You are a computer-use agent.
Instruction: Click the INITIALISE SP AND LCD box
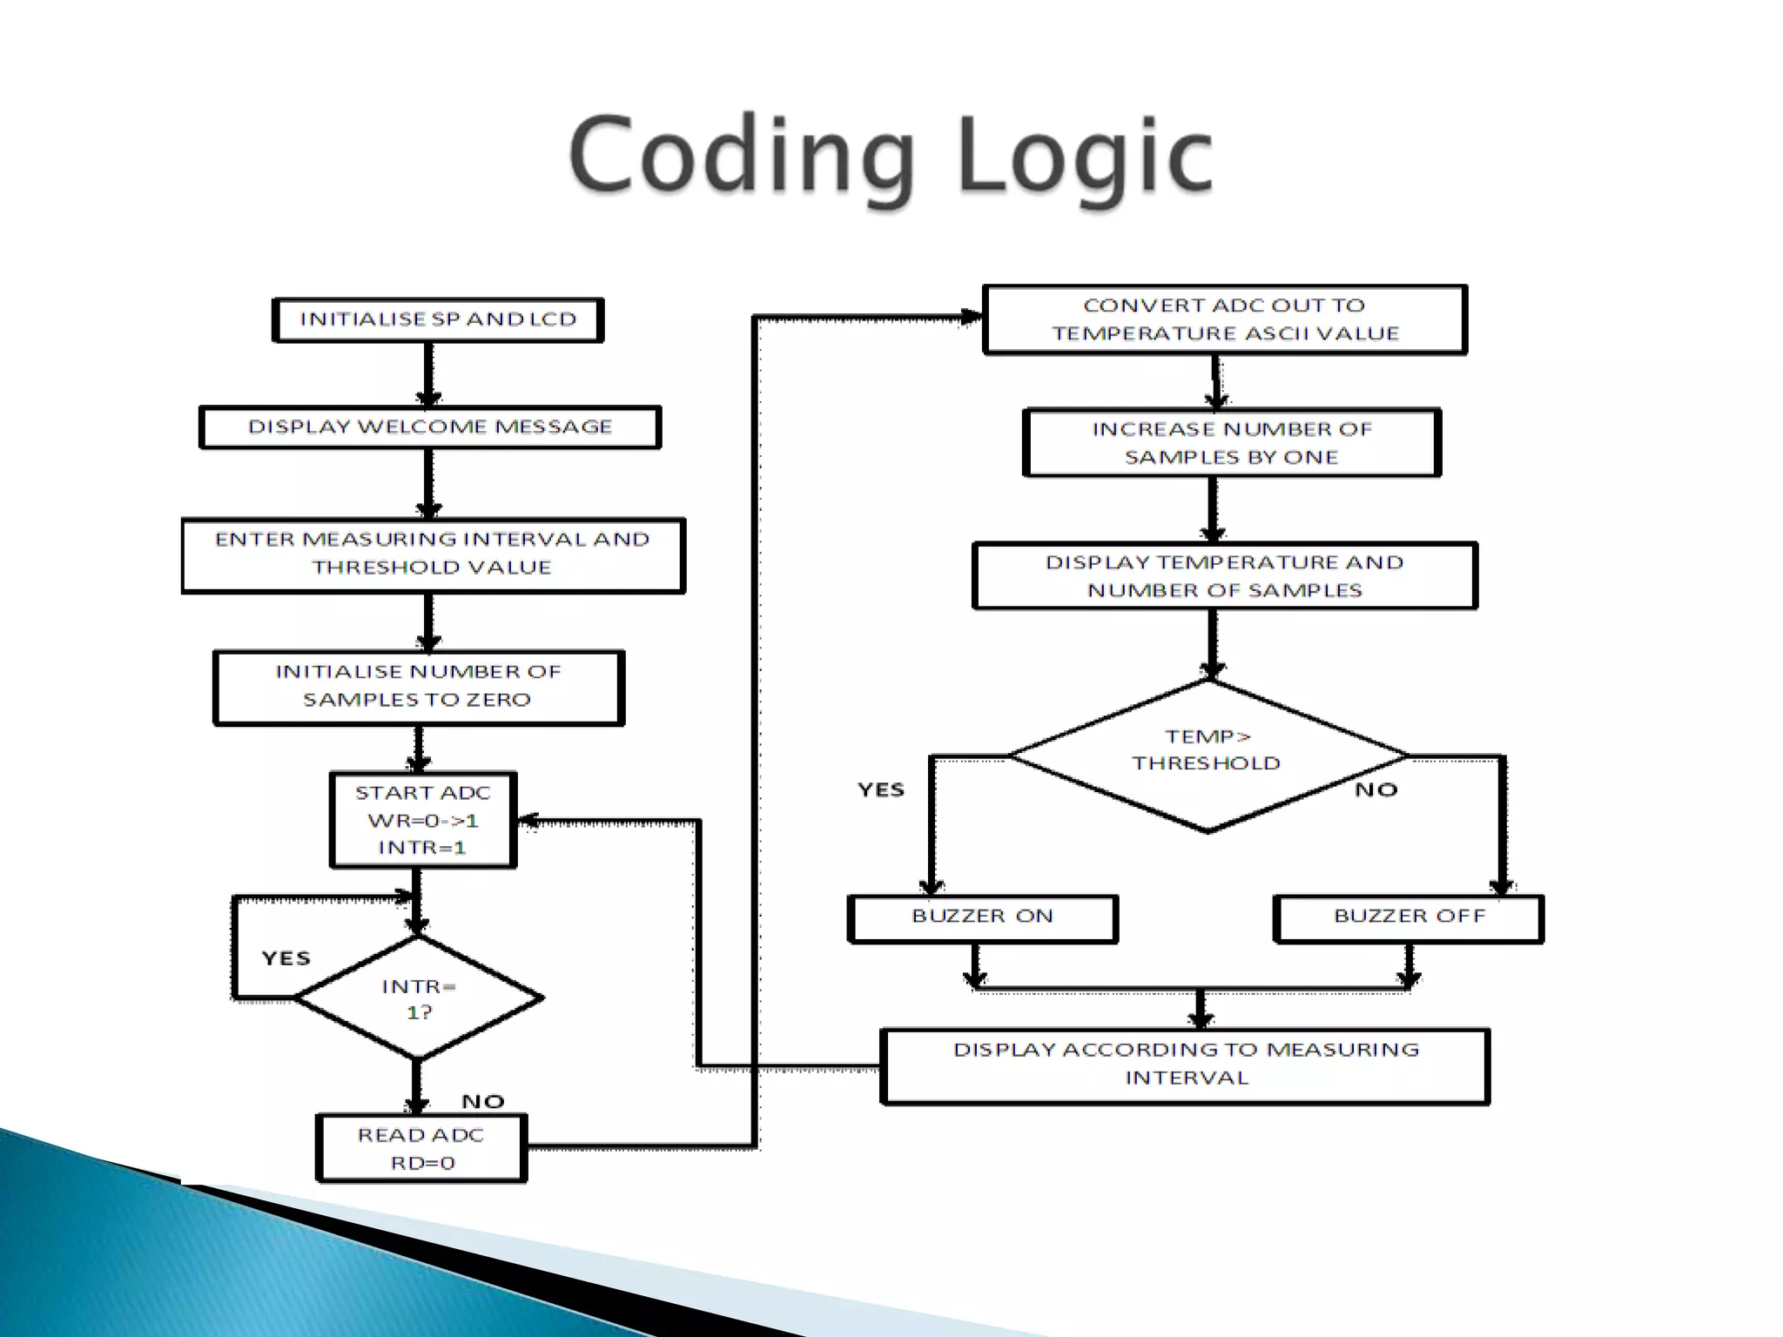438,319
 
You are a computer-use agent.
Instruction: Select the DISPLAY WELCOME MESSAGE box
430,427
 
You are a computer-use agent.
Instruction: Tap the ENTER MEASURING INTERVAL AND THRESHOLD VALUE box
433,554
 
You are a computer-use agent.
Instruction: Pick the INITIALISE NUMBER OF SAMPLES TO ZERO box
419,687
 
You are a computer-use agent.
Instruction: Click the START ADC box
423,819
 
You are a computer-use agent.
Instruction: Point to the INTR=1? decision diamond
419,998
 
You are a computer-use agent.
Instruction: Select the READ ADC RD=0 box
422,1148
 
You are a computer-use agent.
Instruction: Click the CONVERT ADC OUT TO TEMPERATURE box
1224,319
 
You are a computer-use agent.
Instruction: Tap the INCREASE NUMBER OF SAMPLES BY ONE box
1231,443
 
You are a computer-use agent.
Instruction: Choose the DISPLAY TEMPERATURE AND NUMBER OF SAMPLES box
1224,576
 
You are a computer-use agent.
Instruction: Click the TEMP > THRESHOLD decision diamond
1207,754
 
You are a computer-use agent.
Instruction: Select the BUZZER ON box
982,917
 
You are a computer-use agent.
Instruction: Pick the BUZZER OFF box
1408,917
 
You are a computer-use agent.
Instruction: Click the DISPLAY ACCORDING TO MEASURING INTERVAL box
1185,1065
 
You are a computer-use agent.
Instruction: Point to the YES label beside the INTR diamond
286,958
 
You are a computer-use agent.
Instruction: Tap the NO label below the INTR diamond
483,1102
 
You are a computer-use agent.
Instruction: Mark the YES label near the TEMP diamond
881,789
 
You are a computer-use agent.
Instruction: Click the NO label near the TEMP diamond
1376,789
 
